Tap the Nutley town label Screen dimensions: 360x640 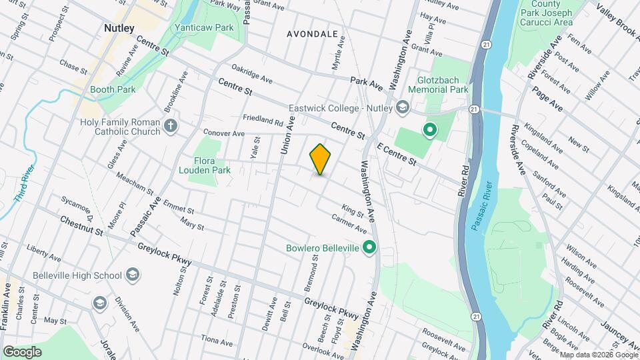click(x=119, y=28)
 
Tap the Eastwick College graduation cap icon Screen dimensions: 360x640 click(x=402, y=107)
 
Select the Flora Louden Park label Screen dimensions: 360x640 click(x=212, y=165)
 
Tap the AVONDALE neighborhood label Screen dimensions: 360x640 click(x=312, y=33)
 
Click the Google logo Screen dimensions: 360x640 click(x=22, y=351)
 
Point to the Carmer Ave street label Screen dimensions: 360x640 click(x=349, y=224)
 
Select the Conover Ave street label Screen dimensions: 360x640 click(x=224, y=133)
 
